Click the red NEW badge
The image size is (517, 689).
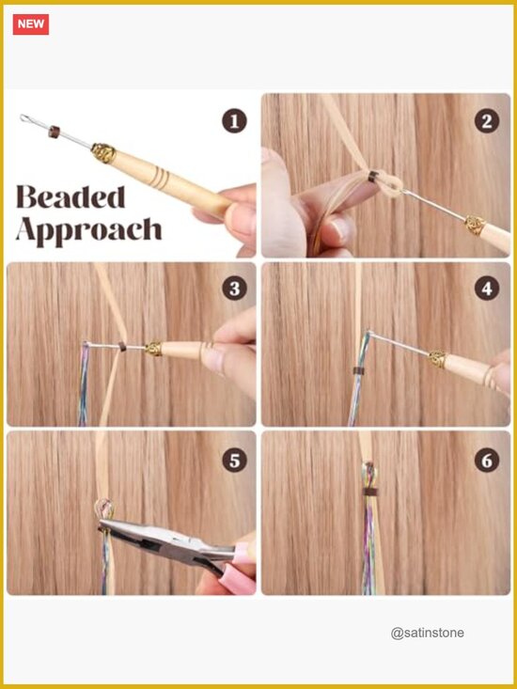(x=31, y=24)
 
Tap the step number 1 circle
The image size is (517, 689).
(x=234, y=121)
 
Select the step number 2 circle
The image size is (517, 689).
(x=487, y=121)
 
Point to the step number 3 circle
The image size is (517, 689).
(x=234, y=289)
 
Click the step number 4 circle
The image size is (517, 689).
(x=487, y=289)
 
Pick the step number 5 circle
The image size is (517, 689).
(x=234, y=460)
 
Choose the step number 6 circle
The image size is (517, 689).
(x=487, y=460)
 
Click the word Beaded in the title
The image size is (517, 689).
(x=70, y=196)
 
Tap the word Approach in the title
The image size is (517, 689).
(x=88, y=229)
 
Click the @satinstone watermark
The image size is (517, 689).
(x=427, y=633)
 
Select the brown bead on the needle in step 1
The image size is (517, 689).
(x=54, y=132)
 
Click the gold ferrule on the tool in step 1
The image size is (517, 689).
(x=103, y=153)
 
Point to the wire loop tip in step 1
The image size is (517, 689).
(x=25, y=118)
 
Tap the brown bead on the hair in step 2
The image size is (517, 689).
(x=372, y=177)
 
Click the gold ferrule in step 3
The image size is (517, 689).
(x=154, y=349)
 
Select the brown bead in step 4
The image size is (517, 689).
(x=359, y=371)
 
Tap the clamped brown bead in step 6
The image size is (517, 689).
(x=370, y=491)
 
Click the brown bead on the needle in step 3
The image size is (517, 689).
(x=122, y=346)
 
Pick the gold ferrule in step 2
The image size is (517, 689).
(x=476, y=225)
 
